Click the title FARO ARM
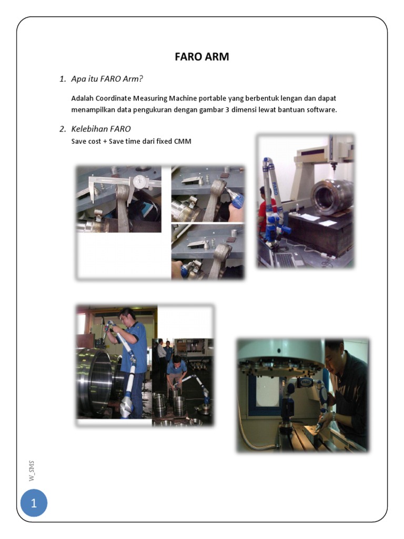tap(202, 57)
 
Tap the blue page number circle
tap(34, 504)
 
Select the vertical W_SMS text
tap(33, 471)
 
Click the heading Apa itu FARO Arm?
tap(107, 79)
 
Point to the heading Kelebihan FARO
tap(101, 129)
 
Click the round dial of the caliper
tap(139, 181)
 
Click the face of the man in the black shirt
tap(335, 356)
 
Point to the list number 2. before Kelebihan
tap(62, 129)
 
